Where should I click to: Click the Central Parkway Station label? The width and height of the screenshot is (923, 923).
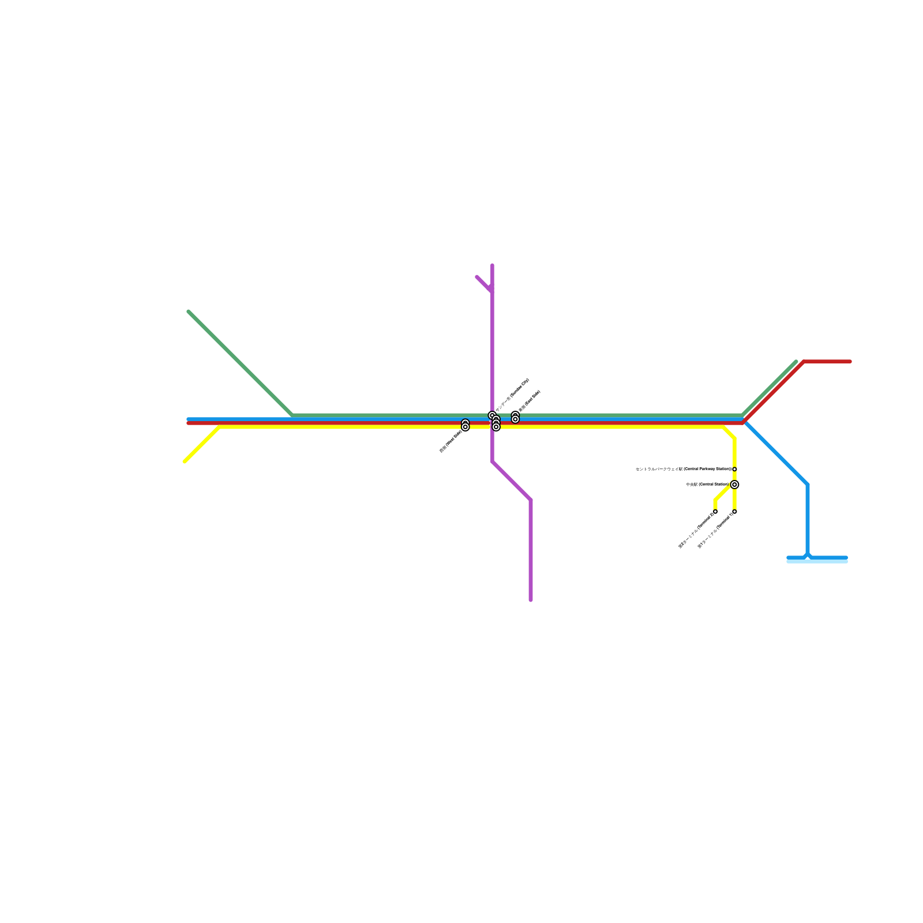click(x=683, y=469)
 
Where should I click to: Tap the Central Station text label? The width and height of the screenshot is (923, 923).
click(x=707, y=485)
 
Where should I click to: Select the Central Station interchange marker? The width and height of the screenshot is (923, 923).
click(x=734, y=485)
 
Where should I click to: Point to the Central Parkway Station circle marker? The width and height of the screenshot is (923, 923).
click(x=734, y=469)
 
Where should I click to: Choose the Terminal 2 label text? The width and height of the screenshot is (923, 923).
click(x=696, y=530)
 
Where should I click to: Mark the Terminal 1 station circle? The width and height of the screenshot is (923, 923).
click(x=734, y=512)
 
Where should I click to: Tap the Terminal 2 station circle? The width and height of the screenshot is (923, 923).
click(x=715, y=512)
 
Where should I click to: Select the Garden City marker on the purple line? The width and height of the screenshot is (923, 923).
click(x=492, y=415)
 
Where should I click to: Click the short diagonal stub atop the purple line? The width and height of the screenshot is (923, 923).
click(x=484, y=284)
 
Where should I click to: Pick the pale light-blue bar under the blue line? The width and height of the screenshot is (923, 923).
click(x=817, y=562)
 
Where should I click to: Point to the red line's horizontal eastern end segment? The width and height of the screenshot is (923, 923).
click(x=827, y=362)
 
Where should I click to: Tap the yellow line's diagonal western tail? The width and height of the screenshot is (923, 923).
click(x=201, y=445)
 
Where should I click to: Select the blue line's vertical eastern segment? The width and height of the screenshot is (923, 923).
click(x=808, y=519)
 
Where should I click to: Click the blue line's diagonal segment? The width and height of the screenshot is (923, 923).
click(x=776, y=453)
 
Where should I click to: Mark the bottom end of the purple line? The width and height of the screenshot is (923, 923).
click(x=531, y=600)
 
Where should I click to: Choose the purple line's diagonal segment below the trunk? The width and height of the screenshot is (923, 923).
click(x=512, y=481)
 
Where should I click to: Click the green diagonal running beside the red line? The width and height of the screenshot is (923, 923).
click(x=769, y=388)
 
